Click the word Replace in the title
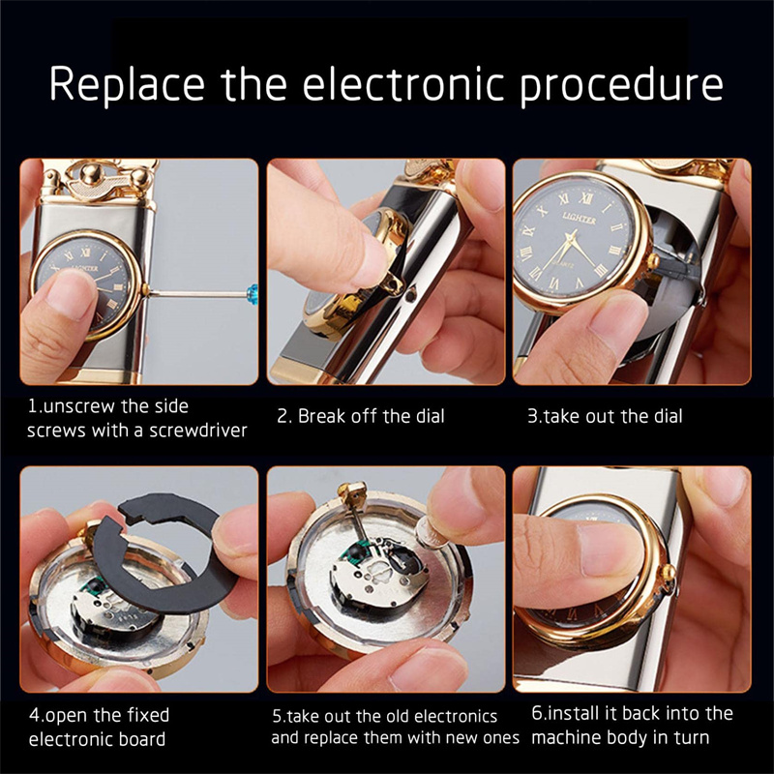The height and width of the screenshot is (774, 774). [x=127, y=83]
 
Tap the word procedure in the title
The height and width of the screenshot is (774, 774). [x=621, y=84]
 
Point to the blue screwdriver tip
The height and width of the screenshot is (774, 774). [x=253, y=294]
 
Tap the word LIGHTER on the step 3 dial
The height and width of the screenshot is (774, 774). [x=580, y=219]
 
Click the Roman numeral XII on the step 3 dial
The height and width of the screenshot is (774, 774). [x=585, y=198]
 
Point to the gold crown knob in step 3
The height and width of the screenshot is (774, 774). [x=654, y=260]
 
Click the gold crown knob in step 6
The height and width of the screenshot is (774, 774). [x=669, y=573]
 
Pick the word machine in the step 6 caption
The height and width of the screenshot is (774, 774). [x=566, y=738]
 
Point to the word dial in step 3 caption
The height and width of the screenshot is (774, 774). [x=669, y=416]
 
